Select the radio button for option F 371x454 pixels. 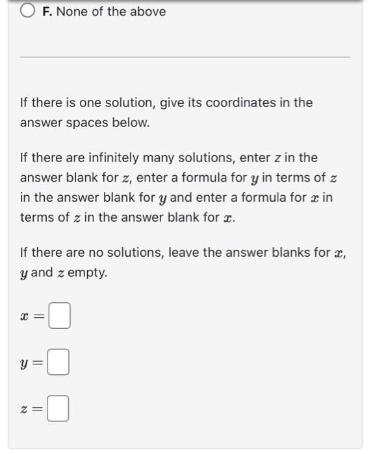pyautogui.click(x=28, y=12)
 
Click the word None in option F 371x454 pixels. pyautogui.click(x=72, y=12)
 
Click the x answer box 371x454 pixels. pyautogui.click(x=59, y=318)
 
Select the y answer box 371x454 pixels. pyautogui.click(x=59, y=364)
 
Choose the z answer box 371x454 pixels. pyautogui.click(x=59, y=409)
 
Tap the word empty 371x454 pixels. pyautogui.click(x=86, y=272)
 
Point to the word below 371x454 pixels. pyautogui.click(x=133, y=122)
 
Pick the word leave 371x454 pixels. pyautogui.click(x=184, y=253)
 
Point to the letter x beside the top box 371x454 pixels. pyautogui.click(x=25, y=318)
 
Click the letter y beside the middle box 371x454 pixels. pyautogui.click(x=25, y=365)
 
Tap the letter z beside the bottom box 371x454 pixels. pyautogui.click(x=25, y=410)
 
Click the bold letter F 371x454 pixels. pyautogui.click(x=46, y=12)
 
